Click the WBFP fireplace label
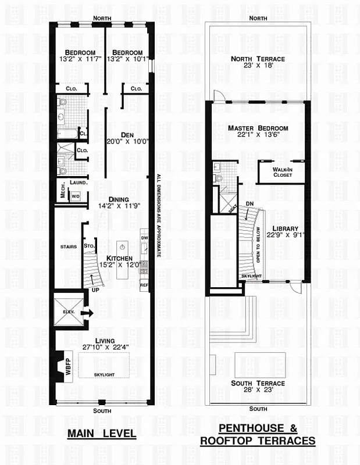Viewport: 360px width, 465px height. [x=67, y=367]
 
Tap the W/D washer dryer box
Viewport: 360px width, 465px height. [x=75, y=196]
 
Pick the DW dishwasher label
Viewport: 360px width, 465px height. [x=144, y=238]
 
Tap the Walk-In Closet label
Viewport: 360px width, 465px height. [x=282, y=171]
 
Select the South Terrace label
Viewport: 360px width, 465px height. [x=258, y=383]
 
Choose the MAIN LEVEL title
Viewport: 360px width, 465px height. [x=101, y=434]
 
